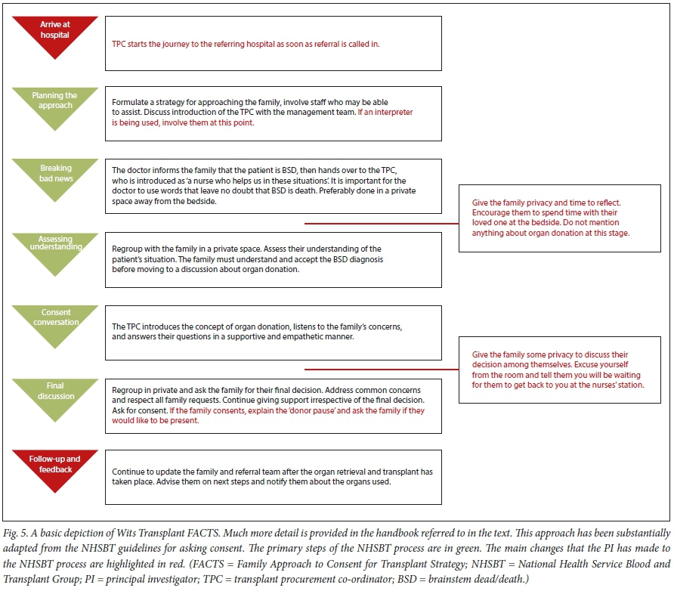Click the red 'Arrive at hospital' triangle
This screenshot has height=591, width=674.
54,34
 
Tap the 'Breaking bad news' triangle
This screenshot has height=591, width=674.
54,177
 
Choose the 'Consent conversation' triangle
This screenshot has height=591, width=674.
54,323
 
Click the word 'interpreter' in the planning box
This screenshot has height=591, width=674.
389,112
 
